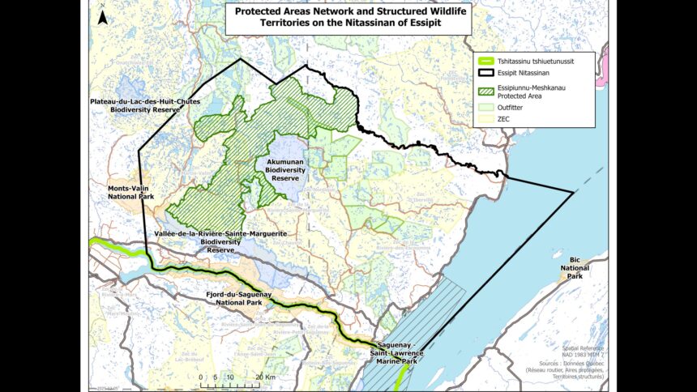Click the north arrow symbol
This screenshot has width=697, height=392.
pyautogui.click(x=101, y=15)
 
